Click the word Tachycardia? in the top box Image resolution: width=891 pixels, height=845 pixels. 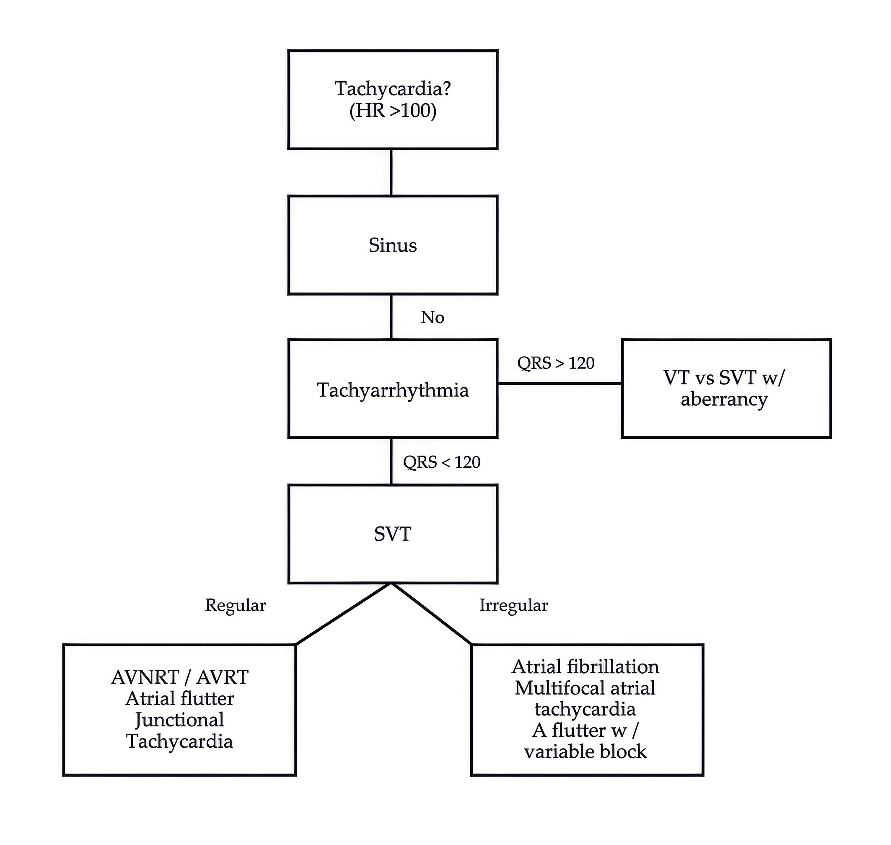click(393, 89)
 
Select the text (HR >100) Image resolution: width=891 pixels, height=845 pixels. click(393, 111)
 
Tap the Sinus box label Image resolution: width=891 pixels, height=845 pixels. click(393, 245)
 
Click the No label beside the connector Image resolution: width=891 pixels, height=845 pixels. click(433, 318)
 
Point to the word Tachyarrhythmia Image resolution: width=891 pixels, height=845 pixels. click(393, 390)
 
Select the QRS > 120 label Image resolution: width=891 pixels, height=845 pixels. click(556, 363)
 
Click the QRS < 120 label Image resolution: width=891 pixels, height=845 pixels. click(441, 462)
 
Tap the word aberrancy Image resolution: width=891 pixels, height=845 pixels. click(724, 399)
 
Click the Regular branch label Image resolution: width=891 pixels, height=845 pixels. click(235, 605)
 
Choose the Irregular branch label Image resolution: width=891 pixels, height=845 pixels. click(513, 605)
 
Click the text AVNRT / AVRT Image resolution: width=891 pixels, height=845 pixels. click(180, 677)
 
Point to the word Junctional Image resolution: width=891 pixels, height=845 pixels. click(180, 720)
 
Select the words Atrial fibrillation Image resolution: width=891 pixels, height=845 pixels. click(585, 666)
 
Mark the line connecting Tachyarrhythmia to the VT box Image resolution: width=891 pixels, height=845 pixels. click(559, 384)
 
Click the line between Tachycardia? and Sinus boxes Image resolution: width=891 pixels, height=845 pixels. click(391, 172)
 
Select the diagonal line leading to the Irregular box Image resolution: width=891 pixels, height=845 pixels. click(431, 614)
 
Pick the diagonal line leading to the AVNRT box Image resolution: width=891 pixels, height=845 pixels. click(343, 614)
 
